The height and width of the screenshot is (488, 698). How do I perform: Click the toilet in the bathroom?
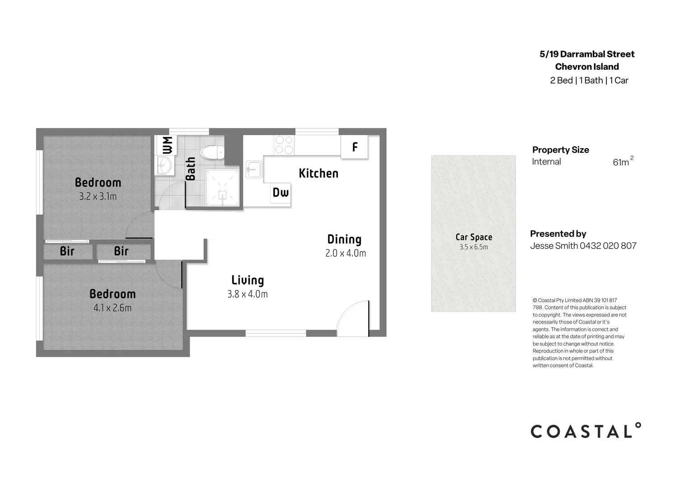212,152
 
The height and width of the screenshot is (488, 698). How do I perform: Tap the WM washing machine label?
166,145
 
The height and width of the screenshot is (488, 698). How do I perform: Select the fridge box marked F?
355,147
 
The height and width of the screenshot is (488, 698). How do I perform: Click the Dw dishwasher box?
281,193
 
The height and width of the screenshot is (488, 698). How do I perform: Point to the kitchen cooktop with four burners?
284,145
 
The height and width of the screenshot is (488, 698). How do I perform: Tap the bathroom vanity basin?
164,165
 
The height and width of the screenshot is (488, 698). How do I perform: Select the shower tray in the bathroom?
222,187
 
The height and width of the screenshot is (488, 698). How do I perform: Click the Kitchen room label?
319,174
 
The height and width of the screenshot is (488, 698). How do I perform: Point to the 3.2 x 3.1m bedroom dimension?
98,197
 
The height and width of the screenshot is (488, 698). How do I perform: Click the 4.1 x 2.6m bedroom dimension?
112,308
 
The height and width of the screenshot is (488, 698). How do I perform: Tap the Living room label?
248,280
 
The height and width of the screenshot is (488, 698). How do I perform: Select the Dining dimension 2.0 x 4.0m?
346,253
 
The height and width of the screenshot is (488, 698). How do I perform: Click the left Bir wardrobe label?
67,251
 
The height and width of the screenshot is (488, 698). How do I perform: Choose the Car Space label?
473,237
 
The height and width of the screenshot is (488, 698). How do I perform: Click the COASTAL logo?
586,431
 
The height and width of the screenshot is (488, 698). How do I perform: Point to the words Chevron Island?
587,67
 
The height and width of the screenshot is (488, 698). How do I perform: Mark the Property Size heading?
560,150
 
